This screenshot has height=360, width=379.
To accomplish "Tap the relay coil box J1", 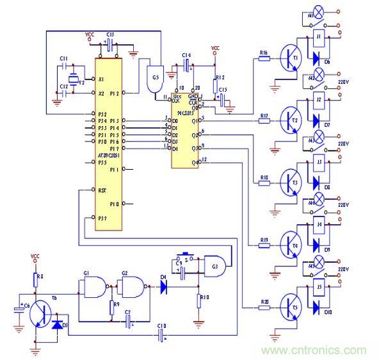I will pos(318,39).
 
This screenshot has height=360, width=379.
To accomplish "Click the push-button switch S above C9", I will pos(187,252).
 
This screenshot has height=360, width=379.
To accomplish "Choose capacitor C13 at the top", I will pos(110,45).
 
